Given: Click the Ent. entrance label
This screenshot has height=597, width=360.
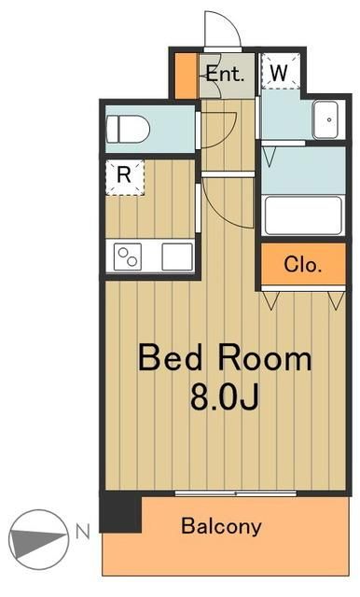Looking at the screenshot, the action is (x=225, y=74).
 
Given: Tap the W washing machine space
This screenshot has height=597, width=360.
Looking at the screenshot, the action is (x=281, y=71).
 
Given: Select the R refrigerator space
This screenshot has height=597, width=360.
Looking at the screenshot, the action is (x=125, y=177).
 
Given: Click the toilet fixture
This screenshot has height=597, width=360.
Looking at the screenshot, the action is (x=128, y=129).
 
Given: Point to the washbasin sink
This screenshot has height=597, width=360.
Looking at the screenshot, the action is (x=325, y=120).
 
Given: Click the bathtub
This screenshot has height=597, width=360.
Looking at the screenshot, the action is (x=303, y=215).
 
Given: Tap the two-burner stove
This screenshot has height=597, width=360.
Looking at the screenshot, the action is (x=128, y=257).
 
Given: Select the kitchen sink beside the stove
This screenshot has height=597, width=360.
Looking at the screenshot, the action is (x=177, y=257).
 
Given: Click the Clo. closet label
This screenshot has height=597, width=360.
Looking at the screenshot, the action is (x=302, y=264).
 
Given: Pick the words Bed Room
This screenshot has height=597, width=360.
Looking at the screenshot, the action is (x=225, y=357).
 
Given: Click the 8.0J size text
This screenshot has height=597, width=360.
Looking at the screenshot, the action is (x=225, y=396).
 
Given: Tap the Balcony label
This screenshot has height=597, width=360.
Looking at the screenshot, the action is (x=221, y=526).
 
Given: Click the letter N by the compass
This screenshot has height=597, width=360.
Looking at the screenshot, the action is (x=83, y=532).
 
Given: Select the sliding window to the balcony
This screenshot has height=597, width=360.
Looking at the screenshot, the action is (x=236, y=493).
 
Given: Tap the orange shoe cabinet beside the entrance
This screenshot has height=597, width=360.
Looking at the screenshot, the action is (x=187, y=76).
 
